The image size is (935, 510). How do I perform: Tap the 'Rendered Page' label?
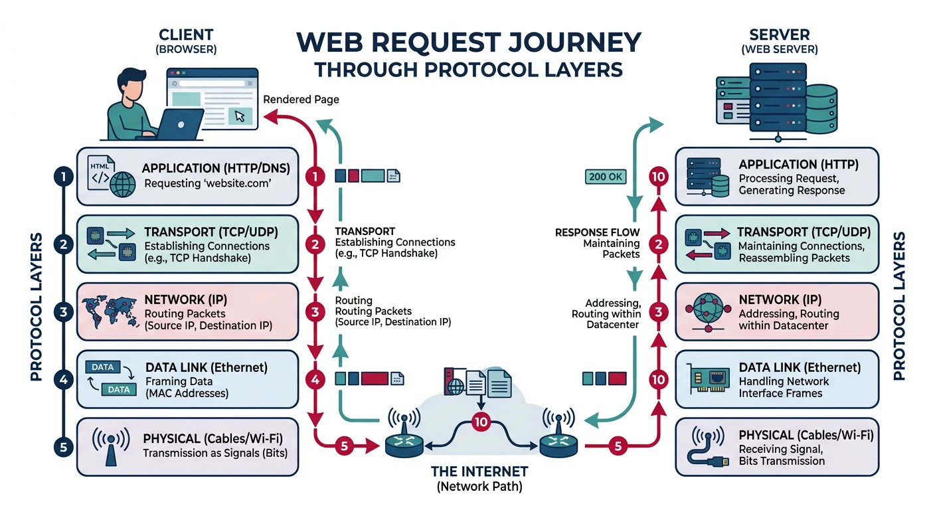pyautogui.click(x=301, y=99)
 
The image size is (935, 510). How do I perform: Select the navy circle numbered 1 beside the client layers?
pyautogui.click(x=62, y=177)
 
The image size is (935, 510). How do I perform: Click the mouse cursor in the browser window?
pyautogui.click(x=240, y=117)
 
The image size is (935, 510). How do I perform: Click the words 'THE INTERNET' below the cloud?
pyautogui.click(x=479, y=471)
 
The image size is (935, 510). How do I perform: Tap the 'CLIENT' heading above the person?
pyautogui.click(x=186, y=35)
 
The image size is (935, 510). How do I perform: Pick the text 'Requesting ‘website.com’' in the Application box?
pyautogui.click(x=207, y=183)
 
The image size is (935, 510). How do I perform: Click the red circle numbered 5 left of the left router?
pyautogui.click(x=343, y=447)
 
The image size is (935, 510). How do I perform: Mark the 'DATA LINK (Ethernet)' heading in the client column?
pyautogui.click(x=206, y=367)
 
